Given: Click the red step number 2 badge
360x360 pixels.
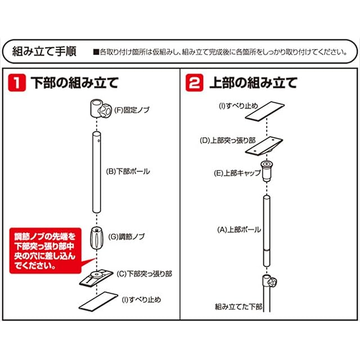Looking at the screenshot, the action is tap(194, 84).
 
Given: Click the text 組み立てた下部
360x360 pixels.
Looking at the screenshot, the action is tap(238, 307).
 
